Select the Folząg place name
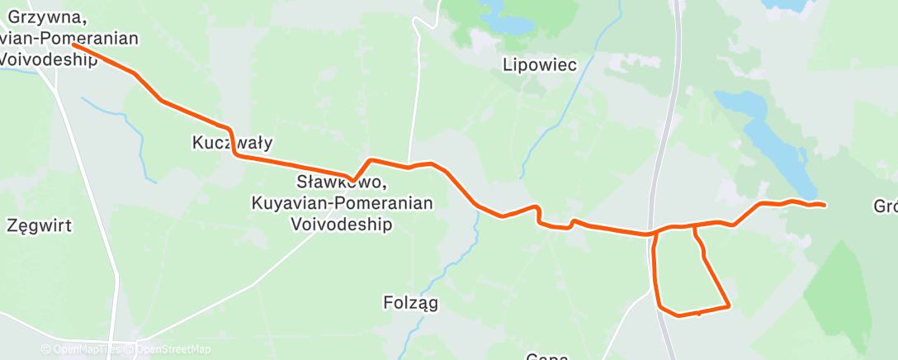tap(411, 303)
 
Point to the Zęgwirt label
tap(39, 225)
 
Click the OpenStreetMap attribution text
tap(174, 349)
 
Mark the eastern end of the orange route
tap(824, 204)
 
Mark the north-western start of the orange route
tap(75, 45)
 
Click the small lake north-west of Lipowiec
tap(506, 22)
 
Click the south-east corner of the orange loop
tap(729, 306)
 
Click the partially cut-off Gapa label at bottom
tap(547, 357)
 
